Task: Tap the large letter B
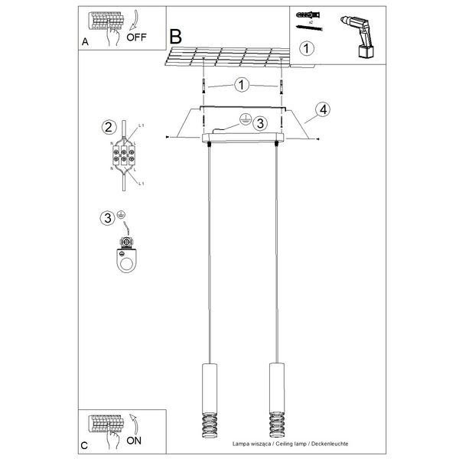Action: [176, 36]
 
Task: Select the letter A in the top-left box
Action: [85, 44]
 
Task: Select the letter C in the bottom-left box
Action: [85, 444]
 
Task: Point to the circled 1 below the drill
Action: [306, 50]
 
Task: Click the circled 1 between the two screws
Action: [242, 84]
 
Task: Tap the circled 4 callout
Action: [324, 109]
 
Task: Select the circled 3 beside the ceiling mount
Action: [259, 123]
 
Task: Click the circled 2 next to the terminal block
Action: [109, 127]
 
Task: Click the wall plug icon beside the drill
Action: [307, 16]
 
